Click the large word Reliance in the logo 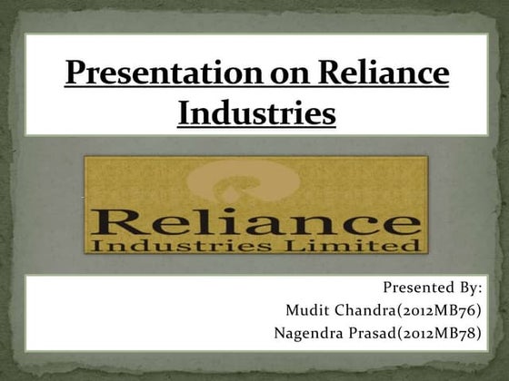tap(255, 220)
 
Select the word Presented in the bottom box tap(417, 288)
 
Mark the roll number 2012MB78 tap(438, 332)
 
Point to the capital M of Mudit tap(293, 310)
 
